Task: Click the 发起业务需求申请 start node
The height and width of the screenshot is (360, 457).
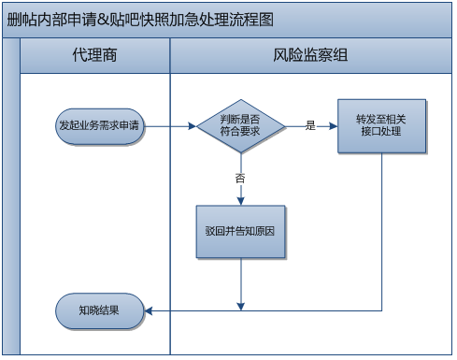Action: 100,125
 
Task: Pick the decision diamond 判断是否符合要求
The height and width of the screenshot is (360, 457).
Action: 240,125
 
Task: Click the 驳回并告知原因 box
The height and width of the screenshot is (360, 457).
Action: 240,230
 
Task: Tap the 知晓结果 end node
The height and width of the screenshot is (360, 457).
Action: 100,310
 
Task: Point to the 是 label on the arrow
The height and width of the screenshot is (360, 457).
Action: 310,125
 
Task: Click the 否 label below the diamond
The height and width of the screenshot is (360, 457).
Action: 240,177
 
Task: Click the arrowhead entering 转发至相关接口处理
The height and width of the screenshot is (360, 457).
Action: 334,125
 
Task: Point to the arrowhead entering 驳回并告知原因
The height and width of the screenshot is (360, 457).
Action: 240,200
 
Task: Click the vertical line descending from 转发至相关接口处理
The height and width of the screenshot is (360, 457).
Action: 383,234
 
